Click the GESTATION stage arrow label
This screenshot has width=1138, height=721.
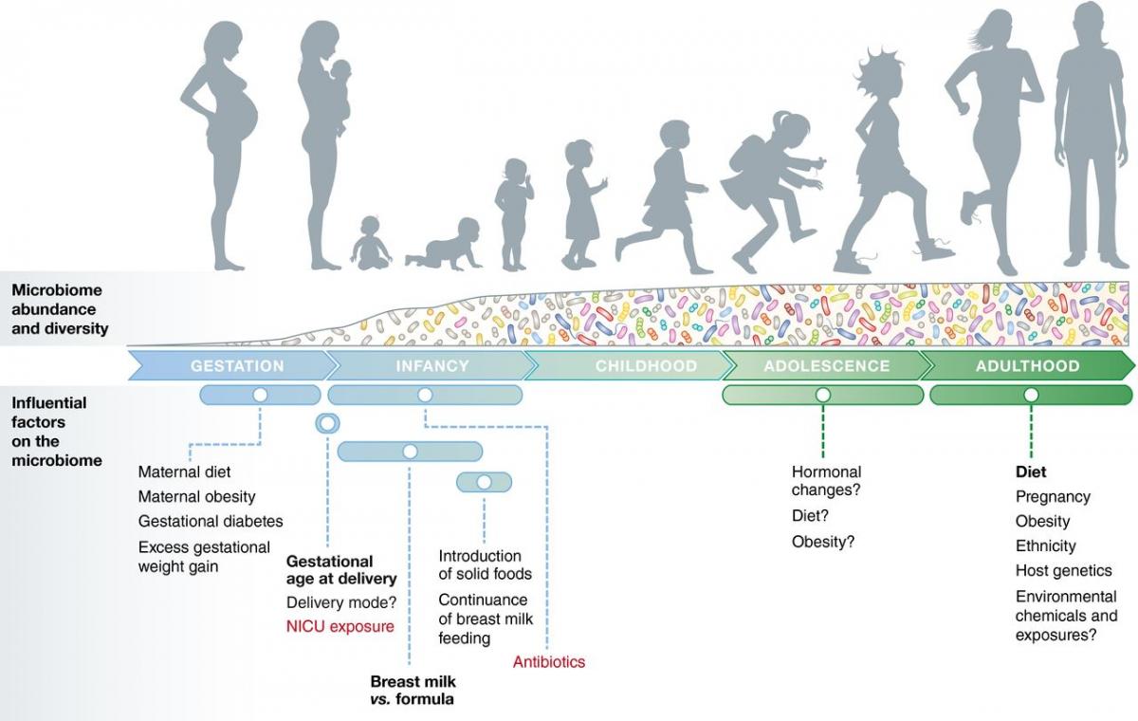[x=237, y=366]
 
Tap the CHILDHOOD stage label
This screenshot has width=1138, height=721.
[x=646, y=366]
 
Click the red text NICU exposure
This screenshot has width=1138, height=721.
[x=340, y=626]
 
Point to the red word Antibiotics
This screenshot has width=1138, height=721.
[x=548, y=662]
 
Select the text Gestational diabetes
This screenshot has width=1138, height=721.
[x=211, y=521]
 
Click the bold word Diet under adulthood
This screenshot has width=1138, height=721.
[x=1031, y=471]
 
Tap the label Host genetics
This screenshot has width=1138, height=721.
[x=1063, y=570]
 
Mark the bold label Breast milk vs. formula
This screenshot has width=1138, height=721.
[x=412, y=691]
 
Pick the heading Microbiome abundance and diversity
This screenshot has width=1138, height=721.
[x=60, y=309]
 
